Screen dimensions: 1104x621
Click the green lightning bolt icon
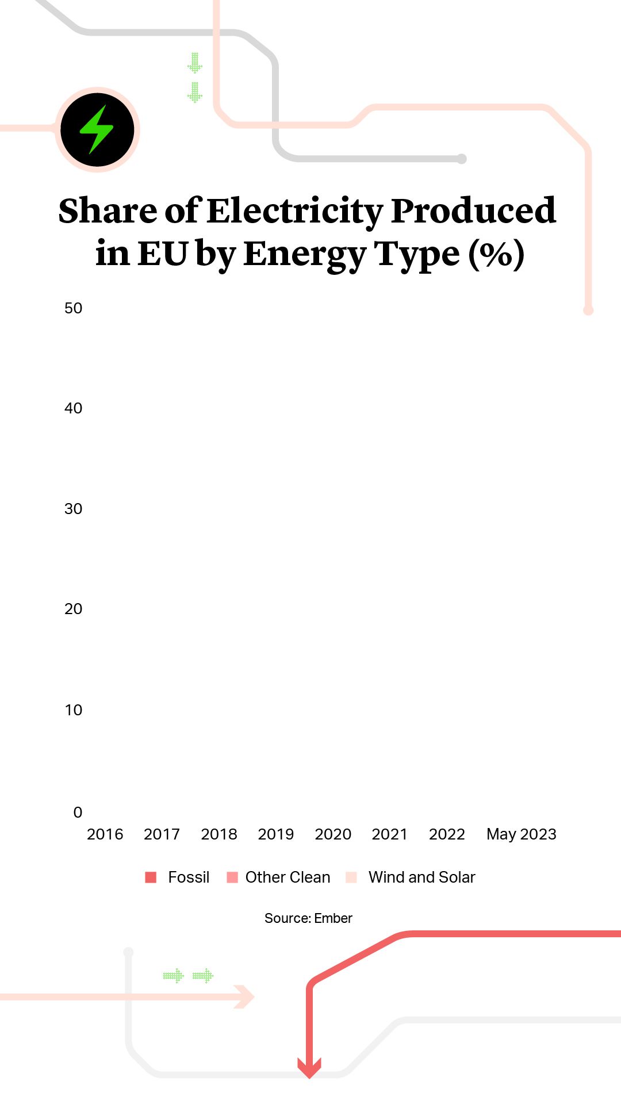(x=97, y=129)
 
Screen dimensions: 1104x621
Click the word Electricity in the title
(x=294, y=211)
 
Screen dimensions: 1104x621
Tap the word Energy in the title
(x=305, y=254)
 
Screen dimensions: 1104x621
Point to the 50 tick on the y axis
(x=73, y=308)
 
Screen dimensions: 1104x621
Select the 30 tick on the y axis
(x=73, y=509)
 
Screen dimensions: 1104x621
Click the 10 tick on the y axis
(x=73, y=710)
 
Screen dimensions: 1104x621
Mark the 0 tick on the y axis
(x=78, y=812)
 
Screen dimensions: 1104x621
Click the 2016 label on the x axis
(x=105, y=834)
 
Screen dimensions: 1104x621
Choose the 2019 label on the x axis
(x=275, y=834)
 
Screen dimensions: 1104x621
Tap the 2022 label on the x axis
(x=447, y=834)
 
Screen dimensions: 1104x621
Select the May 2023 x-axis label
(x=521, y=834)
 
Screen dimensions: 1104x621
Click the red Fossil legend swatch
(x=151, y=877)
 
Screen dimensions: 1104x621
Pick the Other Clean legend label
(x=287, y=877)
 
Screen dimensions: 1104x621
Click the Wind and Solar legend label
(x=421, y=877)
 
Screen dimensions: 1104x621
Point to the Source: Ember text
(x=308, y=918)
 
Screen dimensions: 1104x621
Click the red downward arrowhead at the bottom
(x=309, y=1068)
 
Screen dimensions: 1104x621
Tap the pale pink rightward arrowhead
(x=245, y=996)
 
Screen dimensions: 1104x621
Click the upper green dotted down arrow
(x=195, y=63)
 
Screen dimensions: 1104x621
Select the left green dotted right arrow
(x=173, y=976)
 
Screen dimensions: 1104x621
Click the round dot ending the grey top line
(x=461, y=159)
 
